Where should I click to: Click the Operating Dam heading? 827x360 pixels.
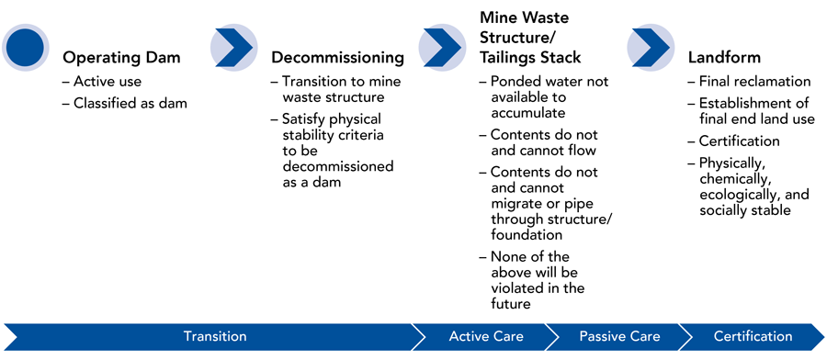122,58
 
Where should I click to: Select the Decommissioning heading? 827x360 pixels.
338,58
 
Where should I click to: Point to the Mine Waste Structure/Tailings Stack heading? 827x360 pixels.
530,37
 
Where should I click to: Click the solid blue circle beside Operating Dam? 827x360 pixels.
25,47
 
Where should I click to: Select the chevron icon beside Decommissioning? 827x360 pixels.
234,48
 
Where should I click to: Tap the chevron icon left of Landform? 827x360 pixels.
651,48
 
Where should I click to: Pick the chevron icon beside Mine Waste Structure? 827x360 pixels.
442,48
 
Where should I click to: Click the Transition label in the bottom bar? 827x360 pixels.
215,336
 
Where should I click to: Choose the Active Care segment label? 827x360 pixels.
486,336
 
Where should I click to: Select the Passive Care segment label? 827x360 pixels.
619,336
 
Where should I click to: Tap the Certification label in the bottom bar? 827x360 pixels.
753,336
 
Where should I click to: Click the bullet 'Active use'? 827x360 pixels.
102,83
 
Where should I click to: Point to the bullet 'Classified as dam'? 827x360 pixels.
124,103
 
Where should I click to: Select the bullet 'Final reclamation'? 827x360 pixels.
750,83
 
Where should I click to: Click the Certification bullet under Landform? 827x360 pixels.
734,141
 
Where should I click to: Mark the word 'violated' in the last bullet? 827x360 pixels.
515,289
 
